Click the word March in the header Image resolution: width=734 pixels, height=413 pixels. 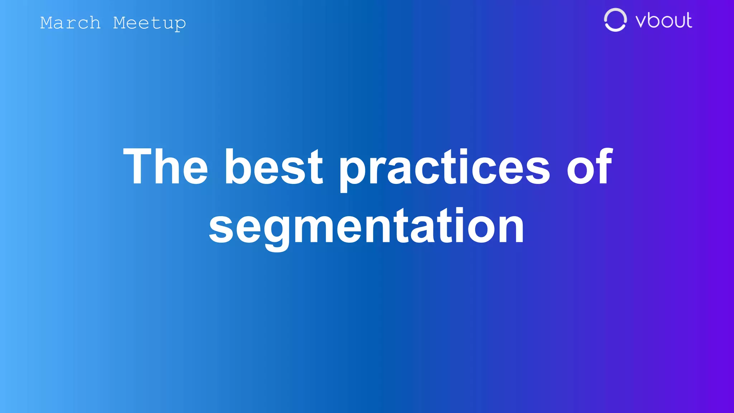[70, 23]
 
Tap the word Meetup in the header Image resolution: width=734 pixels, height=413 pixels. [149, 23]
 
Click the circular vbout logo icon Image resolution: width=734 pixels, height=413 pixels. [615, 20]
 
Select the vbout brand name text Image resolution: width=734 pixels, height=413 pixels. [663, 20]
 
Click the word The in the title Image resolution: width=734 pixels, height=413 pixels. [165, 167]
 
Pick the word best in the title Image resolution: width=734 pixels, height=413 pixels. [273, 167]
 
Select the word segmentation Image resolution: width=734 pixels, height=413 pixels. [366, 227]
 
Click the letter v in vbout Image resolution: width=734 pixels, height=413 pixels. [643, 22]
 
